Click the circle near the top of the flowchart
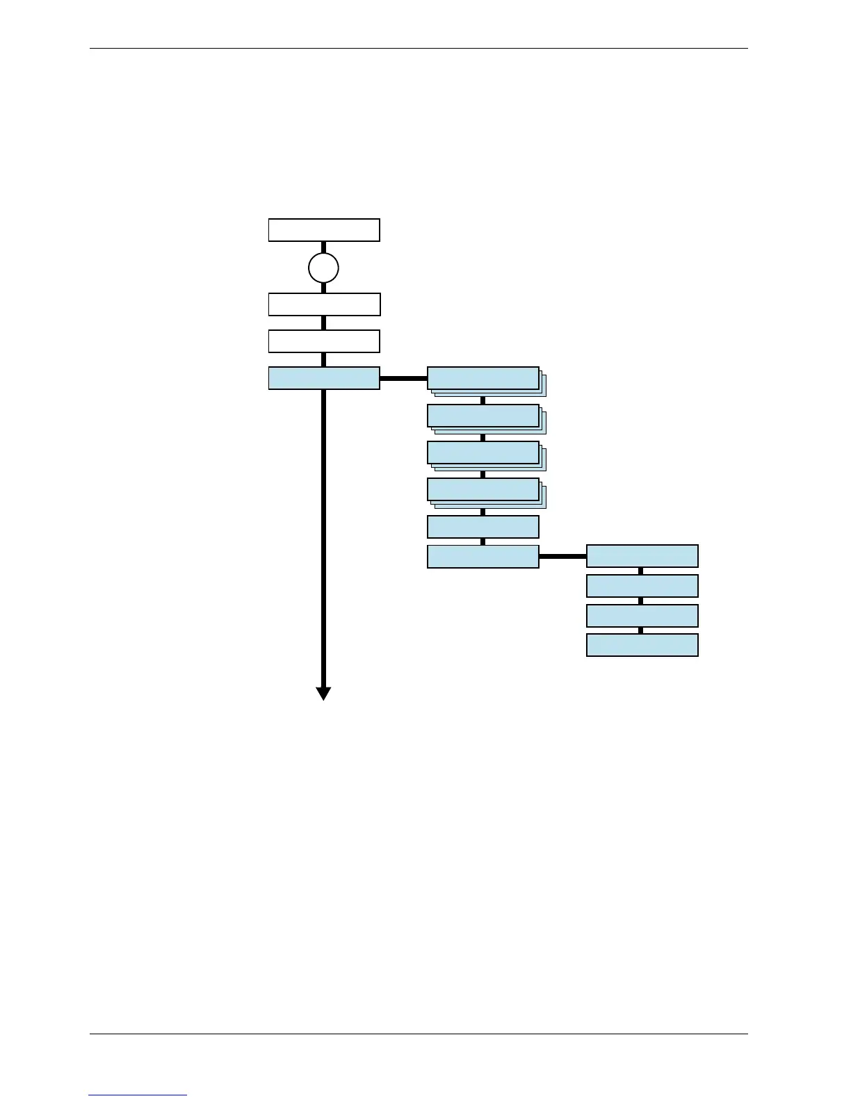pos(323,268)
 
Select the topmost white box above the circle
pos(324,230)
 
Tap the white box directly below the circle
pos(324,304)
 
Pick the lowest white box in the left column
pos(324,341)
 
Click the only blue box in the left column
pos(324,378)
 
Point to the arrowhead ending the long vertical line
pos(323,693)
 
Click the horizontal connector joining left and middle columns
pos(403,379)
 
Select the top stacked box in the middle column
pos(483,378)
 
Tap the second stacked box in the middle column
pos(483,416)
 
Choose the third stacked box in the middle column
pos(483,452)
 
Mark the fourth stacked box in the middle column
pos(483,489)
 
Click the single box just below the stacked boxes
pos(483,527)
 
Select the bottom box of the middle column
pos(483,557)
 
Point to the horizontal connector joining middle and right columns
pos(562,557)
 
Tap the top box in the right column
pos(642,556)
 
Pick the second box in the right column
pos(642,586)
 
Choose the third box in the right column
pos(642,616)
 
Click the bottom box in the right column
pos(642,645)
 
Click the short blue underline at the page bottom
pos(138,1095)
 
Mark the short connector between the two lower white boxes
pos(323,323)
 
